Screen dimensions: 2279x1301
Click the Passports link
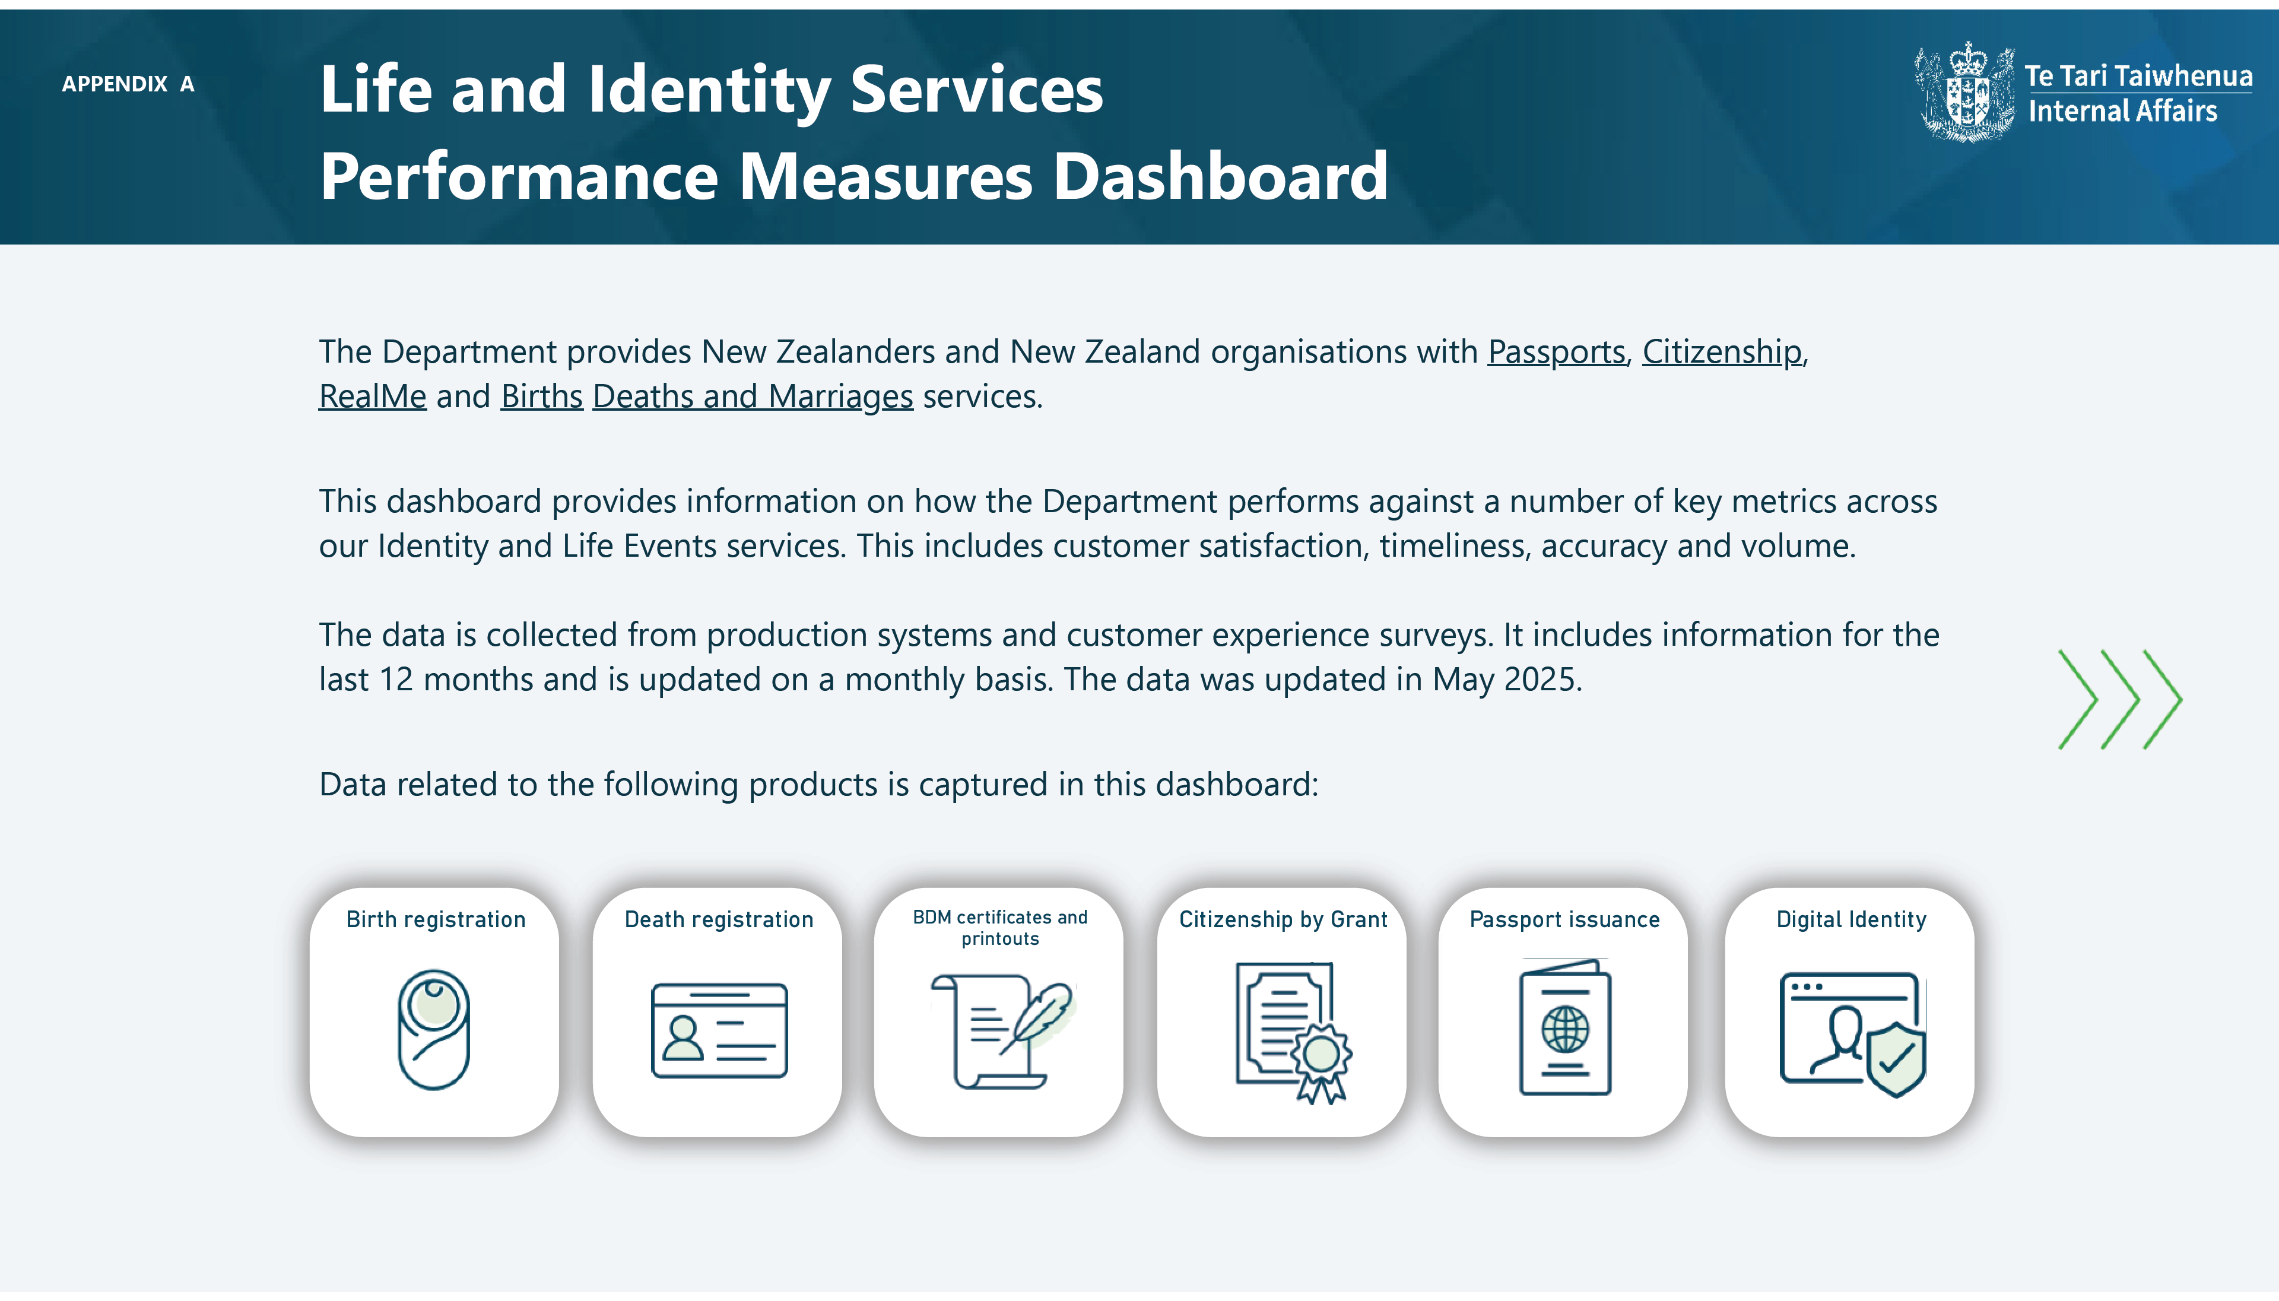1556,352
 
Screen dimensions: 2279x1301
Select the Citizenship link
1722,352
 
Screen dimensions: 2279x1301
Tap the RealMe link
373,396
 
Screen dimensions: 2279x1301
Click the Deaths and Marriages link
752,396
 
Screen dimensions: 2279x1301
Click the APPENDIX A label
128,84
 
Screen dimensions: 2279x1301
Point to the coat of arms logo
1964,91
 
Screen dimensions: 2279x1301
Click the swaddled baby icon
434,1029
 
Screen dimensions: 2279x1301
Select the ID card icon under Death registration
719,1030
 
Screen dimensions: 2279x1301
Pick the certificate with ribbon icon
1293,1033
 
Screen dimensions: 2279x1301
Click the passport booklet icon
1565,1027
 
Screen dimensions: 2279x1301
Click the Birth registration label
436,919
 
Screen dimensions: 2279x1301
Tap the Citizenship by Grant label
1283,919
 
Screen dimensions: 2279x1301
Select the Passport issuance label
1564,919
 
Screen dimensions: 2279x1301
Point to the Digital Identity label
1851,919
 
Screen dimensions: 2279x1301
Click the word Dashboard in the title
1220,176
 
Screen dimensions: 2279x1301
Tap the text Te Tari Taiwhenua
2138,76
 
